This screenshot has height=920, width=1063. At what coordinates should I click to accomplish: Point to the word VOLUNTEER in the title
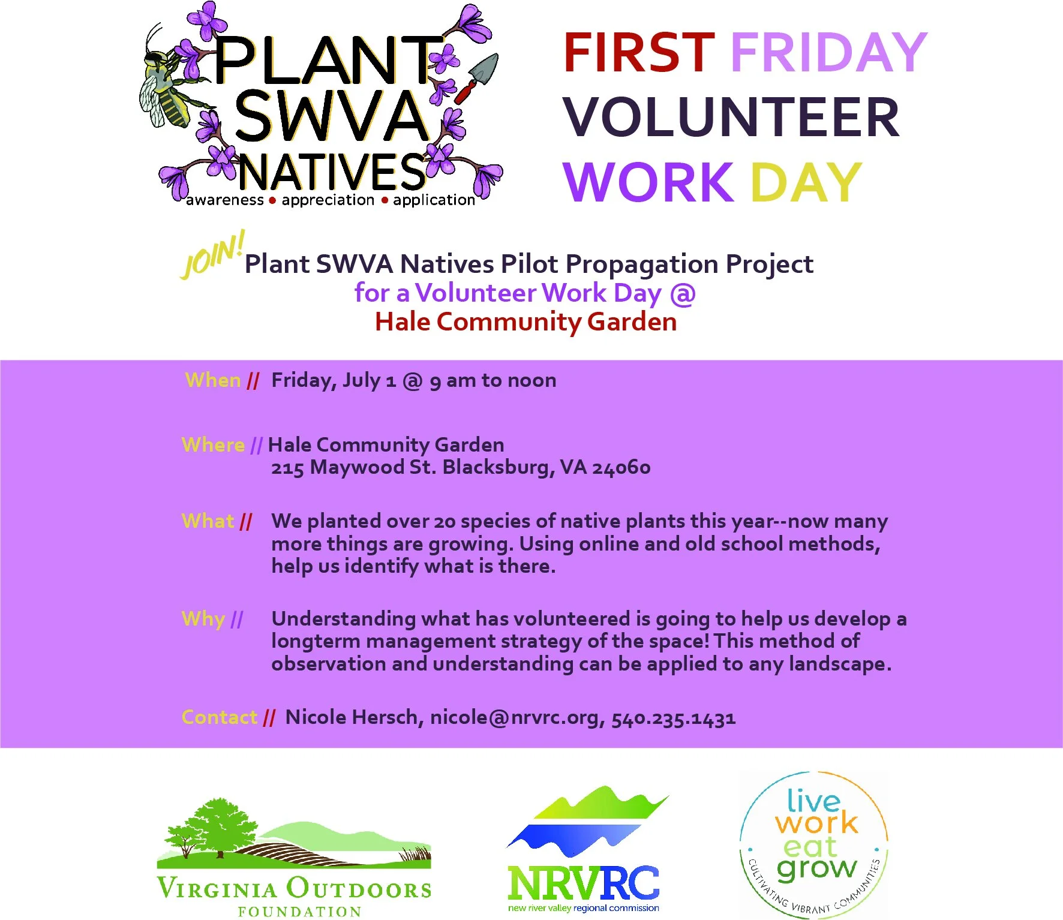click(731, 118)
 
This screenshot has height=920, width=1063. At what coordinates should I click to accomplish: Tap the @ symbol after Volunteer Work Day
click(683, 293)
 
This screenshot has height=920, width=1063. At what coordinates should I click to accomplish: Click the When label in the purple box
click(213, 380)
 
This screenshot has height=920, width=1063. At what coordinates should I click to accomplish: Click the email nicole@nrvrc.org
click(517, 717)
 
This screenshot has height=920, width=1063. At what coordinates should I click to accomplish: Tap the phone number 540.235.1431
click(673, 718)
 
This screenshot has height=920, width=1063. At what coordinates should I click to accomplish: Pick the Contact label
click(220, 717)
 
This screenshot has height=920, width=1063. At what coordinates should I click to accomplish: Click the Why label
click(203, 619)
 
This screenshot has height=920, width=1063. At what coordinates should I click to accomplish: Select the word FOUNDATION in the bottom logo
click(299, 912)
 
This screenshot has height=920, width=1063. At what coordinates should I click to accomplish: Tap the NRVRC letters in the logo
click(582, 883)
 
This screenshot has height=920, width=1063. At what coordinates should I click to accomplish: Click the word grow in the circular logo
click(816, 868)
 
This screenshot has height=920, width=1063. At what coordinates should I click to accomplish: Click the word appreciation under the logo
click(328, 200)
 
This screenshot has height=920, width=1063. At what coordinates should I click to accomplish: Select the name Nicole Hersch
click(352, 717)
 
